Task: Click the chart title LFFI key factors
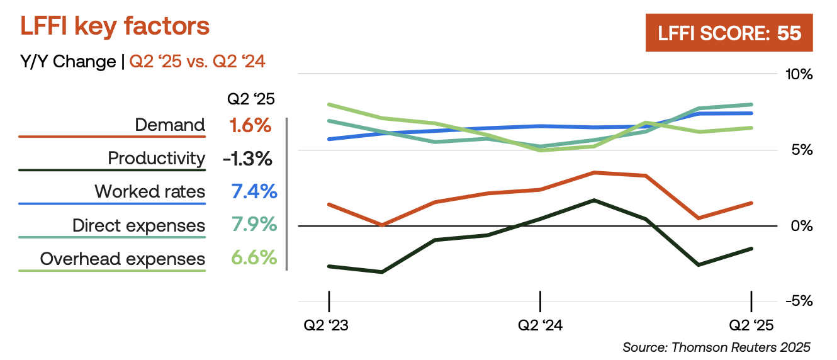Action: tap(115, 27)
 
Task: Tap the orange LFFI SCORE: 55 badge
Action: tap(729, 33)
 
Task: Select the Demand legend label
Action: tap(170, 125)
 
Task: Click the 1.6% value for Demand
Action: tap(250, 125)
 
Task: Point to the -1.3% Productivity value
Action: tap(247, 159)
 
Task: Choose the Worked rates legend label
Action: tap(150, 191)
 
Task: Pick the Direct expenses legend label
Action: tap(138, 225)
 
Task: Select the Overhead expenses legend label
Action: tap(123, 259)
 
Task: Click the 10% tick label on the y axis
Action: tap(799, 74)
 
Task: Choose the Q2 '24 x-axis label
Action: tap(539, 325)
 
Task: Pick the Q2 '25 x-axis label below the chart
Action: tap(751, 325)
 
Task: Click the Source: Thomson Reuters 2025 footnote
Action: tap(716, 347)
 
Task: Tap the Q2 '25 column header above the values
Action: tap(250, 99)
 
